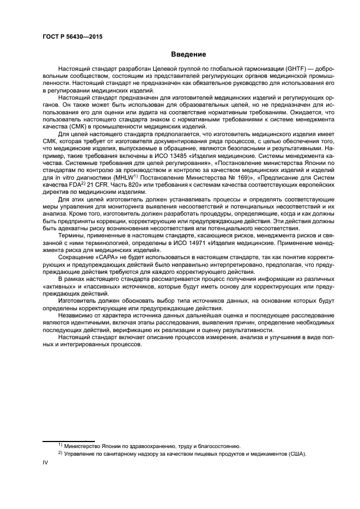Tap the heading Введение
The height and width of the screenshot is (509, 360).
[x=187, y=54]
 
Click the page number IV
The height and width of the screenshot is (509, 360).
[x=45, y=463]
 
